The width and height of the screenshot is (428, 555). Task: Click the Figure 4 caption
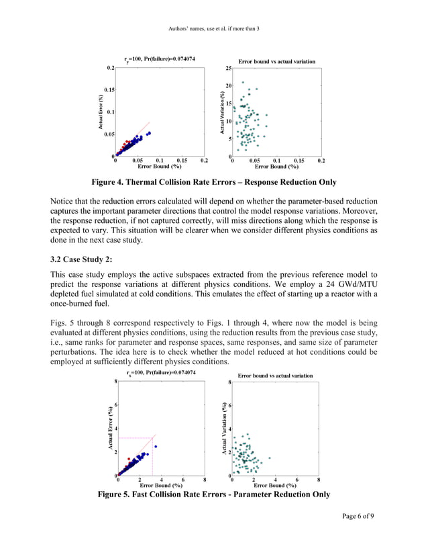click(x=214, y=182)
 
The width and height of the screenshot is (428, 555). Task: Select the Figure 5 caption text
click(x=214, y=495)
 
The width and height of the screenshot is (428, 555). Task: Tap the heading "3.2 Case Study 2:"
click(x=84, y=258)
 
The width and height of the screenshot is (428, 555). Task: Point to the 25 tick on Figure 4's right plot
click(x=228, y=69)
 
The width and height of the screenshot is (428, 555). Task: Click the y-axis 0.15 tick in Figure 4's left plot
click(x=106, y=90)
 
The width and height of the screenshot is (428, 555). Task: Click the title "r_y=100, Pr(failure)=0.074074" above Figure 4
click(x=160, y=59)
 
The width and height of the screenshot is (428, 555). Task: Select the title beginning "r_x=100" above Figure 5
click(x=161, y=372)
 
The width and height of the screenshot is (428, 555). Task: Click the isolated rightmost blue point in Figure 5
click(x=156, y=446)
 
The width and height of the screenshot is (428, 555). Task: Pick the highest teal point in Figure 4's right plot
click(x=242, y=83)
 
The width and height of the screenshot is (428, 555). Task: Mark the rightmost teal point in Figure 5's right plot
click(x=270, y=458)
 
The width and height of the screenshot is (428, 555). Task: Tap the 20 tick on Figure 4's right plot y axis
click(x=228, y=86)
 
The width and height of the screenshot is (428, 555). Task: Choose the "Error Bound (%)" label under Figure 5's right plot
click(x=276, y=485)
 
